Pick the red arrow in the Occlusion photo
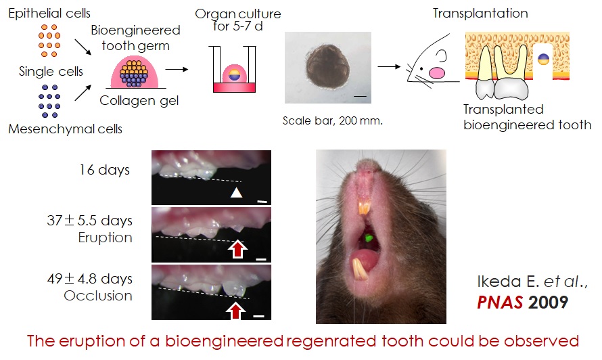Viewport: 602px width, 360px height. [x=234, y=309]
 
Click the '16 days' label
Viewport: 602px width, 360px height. [x=106, y=170]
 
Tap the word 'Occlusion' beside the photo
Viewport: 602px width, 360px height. [x=99, y=296]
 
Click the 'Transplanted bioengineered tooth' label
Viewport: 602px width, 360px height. [x=528, y=117]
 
